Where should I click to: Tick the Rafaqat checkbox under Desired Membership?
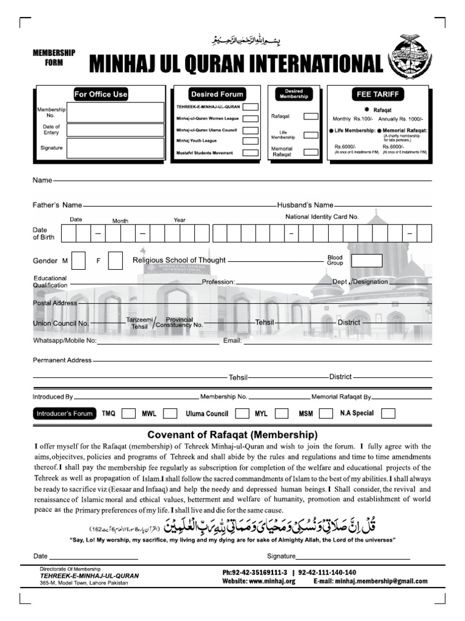(x=311, y=116)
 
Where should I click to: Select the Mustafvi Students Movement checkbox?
(x=248, y=153)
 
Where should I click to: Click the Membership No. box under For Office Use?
(x=115, y=112)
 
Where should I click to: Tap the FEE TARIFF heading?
(x=378, y=94)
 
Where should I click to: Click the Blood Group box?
(x=367, y=261)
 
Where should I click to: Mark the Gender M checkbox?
(x=78, y=260)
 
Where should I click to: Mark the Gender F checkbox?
(x=115, y=260)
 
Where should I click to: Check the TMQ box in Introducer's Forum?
(x=128, y=414)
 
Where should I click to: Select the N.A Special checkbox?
(x=388, y=414)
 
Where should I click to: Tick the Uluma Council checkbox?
(x=242, y=414)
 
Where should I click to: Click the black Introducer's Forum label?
(x=64, y=414)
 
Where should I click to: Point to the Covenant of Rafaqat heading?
(x=232, y=435)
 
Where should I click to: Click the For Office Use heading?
(x=101, y=94)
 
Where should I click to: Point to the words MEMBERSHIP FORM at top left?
(x=54, y=58)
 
